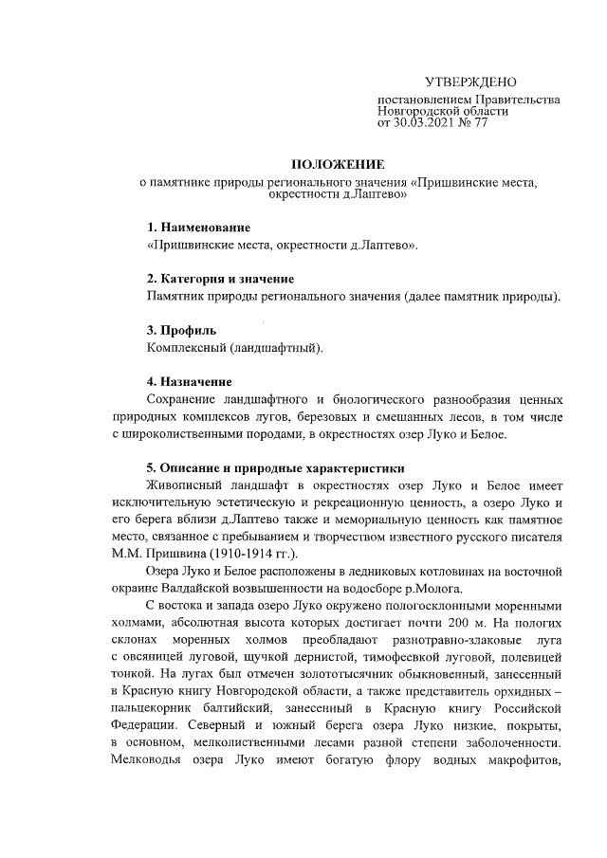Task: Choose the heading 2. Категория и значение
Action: click(x=220, y=279)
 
